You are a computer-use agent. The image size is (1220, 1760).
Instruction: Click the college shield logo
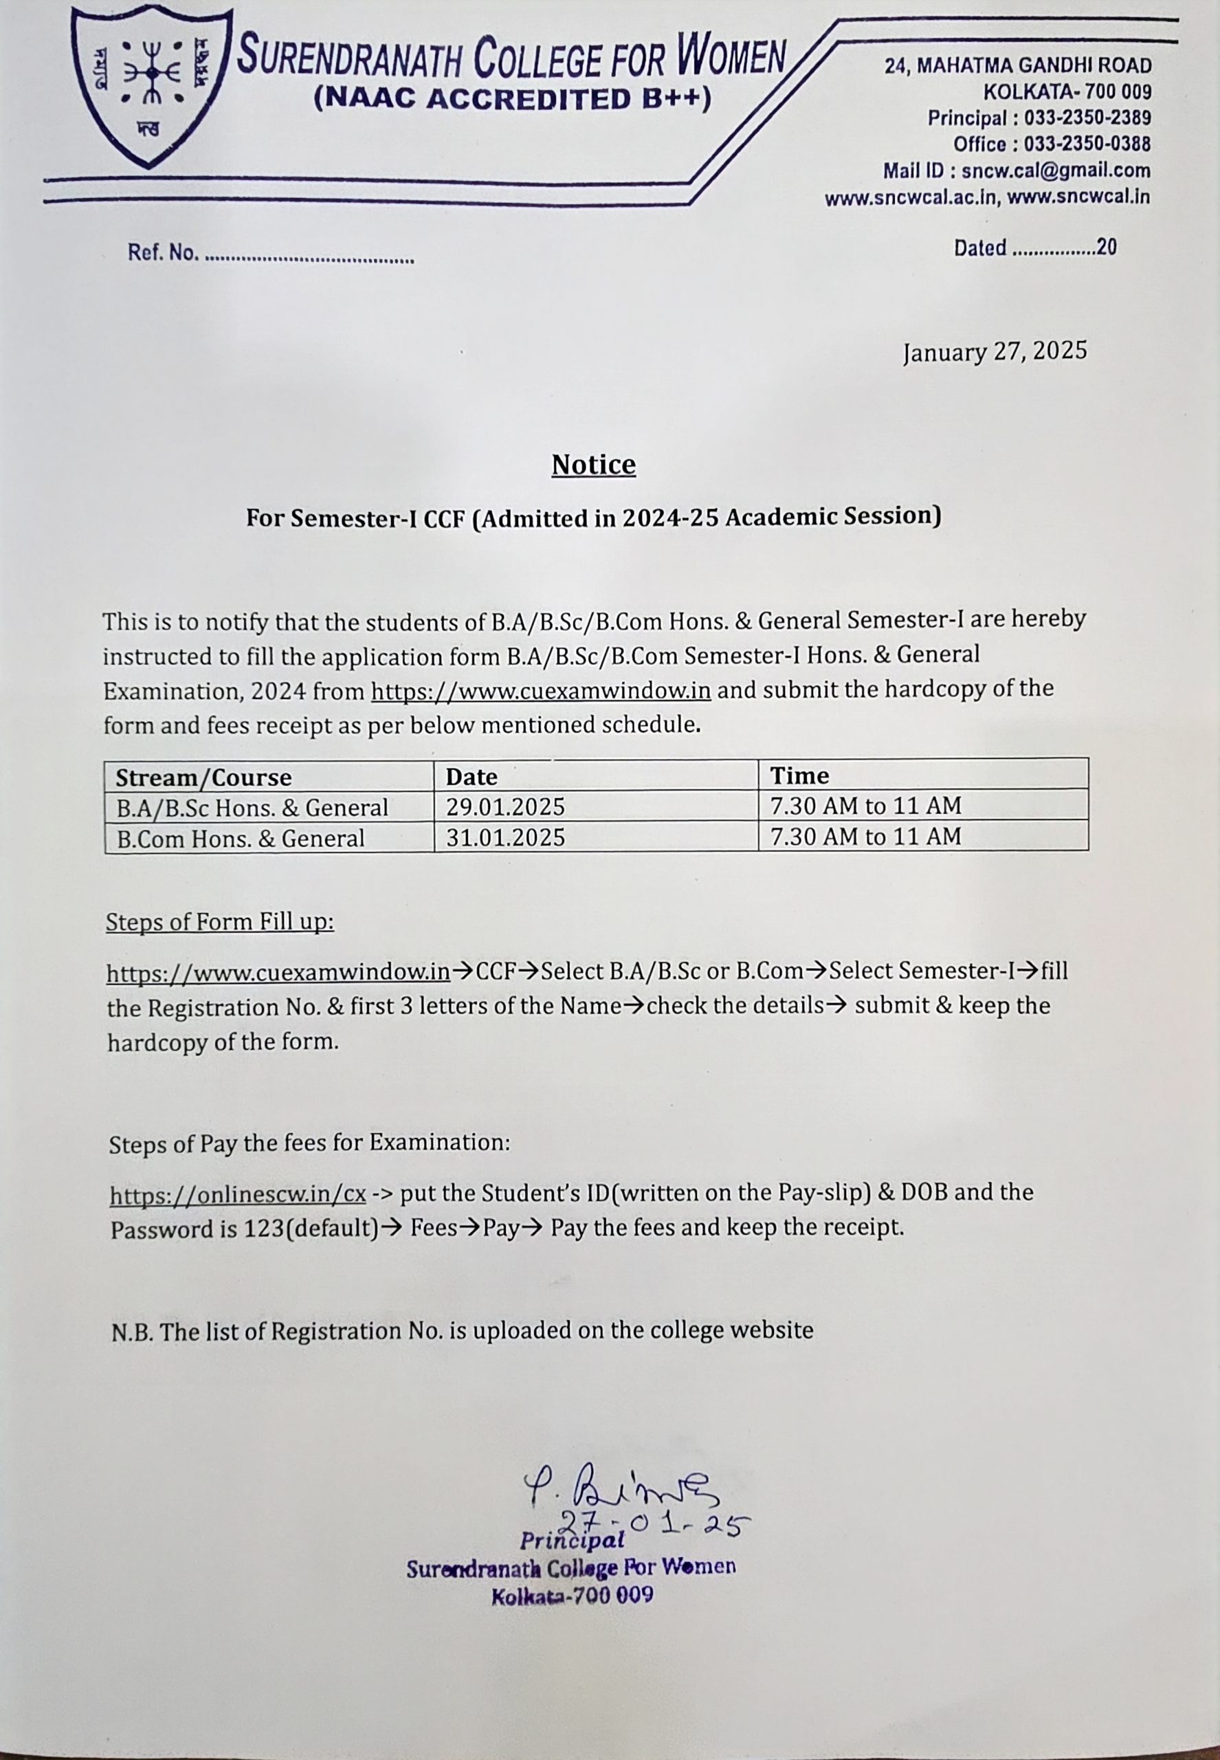pos(151,86)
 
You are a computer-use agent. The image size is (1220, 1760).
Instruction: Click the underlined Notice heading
pos(593,465)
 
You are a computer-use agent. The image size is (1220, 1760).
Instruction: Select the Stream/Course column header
pos(203,778)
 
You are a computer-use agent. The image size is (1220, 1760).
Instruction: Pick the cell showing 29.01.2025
pos(505,806)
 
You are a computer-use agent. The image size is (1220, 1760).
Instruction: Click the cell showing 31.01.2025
pos(505,838)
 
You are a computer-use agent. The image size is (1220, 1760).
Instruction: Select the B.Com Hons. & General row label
pos(241,839)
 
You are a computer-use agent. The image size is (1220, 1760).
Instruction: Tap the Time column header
pos(799,776)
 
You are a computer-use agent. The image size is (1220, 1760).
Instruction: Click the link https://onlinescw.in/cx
pos(238,1194)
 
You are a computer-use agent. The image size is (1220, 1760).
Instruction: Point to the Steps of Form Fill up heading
pos(220,922)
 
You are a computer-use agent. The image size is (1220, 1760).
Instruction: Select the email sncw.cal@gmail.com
pos(1056,170)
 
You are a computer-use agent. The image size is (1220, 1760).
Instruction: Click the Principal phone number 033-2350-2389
pos(1087,118)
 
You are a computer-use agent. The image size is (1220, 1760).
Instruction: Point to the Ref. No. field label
pos(163,253)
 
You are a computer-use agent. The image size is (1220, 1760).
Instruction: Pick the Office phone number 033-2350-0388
pos(1087,144)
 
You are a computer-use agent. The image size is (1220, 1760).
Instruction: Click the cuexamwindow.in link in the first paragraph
pos(540,691)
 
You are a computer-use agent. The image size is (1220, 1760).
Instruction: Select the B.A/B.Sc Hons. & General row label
pos(252,808)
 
